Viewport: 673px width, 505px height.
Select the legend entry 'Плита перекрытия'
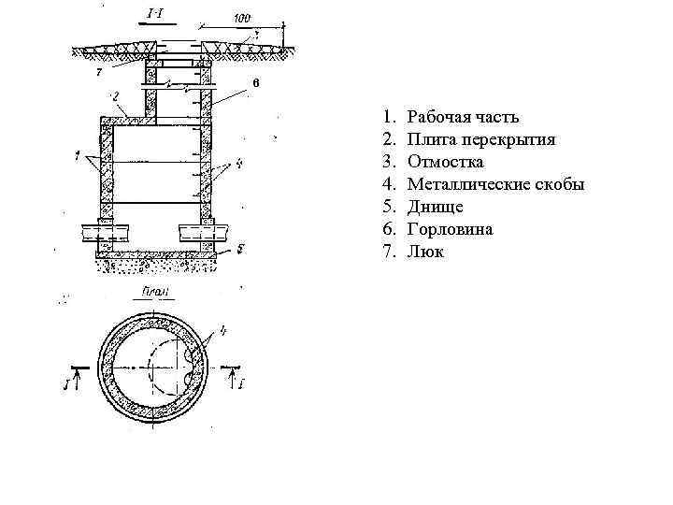coord(482,139)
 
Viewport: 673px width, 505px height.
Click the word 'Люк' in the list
coord(426,252)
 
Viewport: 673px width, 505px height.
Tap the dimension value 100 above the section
coord(241,18)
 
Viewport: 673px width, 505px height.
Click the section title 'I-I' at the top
coord(156,14)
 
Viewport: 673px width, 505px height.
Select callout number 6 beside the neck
coord(253,84)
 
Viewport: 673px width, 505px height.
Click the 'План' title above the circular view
coord(155,292)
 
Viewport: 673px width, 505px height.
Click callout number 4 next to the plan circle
coord(222,328)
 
